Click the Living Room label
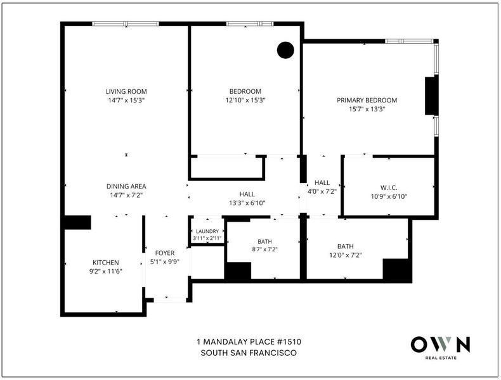[x=126, y=92]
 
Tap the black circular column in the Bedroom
[x=285, y=50]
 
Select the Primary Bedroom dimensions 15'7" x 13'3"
[x=367, y=109]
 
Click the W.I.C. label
[x=389, y=187]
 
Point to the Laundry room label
[x=207, y=231]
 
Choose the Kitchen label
[x=106, y=263]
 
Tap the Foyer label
[x=165, y=253]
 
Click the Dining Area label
[x=126, y=186]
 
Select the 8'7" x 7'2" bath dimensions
[x=264, y=250]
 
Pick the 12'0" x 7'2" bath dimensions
[x=346, y=255]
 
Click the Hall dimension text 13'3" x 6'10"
[x=247, y=203]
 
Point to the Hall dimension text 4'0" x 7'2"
[x=322, y=191]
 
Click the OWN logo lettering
[x=440, y=345]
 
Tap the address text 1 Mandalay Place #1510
[x=249, y=342]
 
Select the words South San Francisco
[x=249, y=353]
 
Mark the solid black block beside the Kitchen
[x=77, y=222]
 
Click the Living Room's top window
[x=126, y=23]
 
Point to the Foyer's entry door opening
[x=170, y=300]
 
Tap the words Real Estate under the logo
[x=441, y=358]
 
